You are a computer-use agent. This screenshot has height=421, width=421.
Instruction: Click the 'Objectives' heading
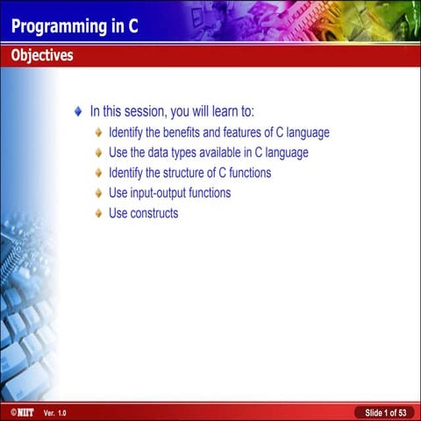[42, 56]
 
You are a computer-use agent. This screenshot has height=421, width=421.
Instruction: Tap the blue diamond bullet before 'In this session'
[78, 112]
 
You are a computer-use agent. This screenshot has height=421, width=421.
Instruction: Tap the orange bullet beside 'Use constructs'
[98, 213]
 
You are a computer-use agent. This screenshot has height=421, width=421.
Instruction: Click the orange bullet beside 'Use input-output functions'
[98, 193]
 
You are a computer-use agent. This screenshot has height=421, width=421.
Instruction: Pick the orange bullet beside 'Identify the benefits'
[98, 133]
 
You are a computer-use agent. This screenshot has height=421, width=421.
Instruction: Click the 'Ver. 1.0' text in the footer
[54, 412]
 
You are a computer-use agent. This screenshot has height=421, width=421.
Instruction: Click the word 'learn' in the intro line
[224, 112]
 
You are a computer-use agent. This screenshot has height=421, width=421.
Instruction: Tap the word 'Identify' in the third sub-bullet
[129, 173]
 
